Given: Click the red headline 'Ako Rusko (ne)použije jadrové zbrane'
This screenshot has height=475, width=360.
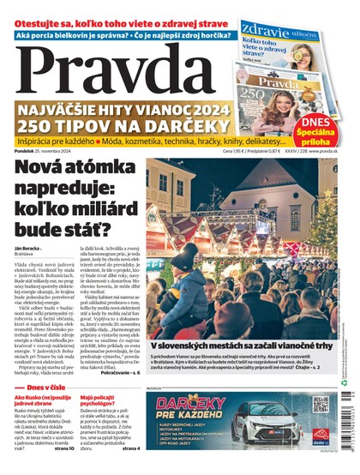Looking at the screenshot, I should click(x=43, y=402).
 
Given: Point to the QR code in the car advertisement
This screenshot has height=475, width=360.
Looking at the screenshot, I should click(x=321, y=404).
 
